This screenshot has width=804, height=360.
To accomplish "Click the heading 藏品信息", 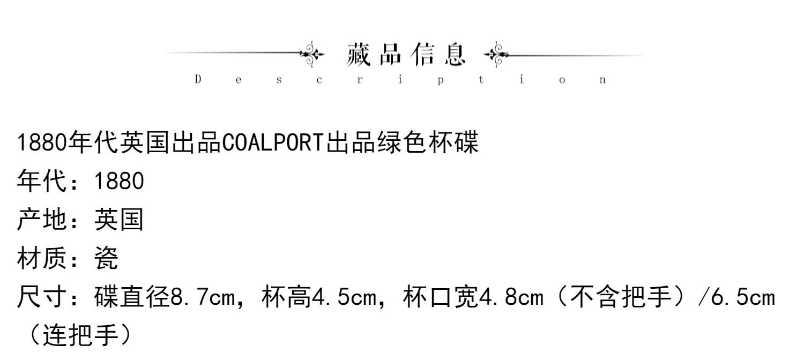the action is pos(406,55).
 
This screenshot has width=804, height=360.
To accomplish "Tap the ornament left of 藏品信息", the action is pos(312,54).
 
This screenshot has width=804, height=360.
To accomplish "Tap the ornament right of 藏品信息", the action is pos(495,54).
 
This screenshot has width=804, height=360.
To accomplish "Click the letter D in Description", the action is pos(198,80).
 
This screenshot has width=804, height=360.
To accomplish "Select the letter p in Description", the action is pos(440,80).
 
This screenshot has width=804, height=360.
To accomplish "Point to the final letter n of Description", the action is pos(602,80).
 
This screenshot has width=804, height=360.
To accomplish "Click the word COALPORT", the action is pos(273,143).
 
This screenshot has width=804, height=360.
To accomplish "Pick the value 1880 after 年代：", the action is pos(119,182).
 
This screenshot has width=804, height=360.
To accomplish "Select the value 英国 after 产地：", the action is pos(119,220).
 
